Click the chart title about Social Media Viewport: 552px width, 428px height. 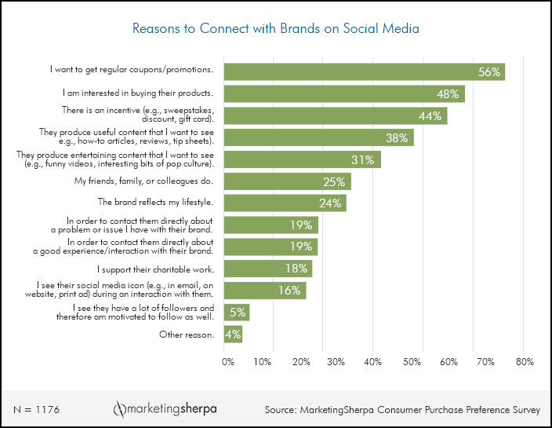point(276,29)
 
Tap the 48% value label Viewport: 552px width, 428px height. point(448,94)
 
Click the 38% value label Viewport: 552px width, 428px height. point(397,137)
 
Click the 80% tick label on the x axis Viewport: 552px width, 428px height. point(525,362)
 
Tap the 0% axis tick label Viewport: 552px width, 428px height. point(227,362)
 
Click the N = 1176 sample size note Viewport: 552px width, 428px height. point(37,410)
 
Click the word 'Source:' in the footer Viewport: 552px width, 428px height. point(281,410)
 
